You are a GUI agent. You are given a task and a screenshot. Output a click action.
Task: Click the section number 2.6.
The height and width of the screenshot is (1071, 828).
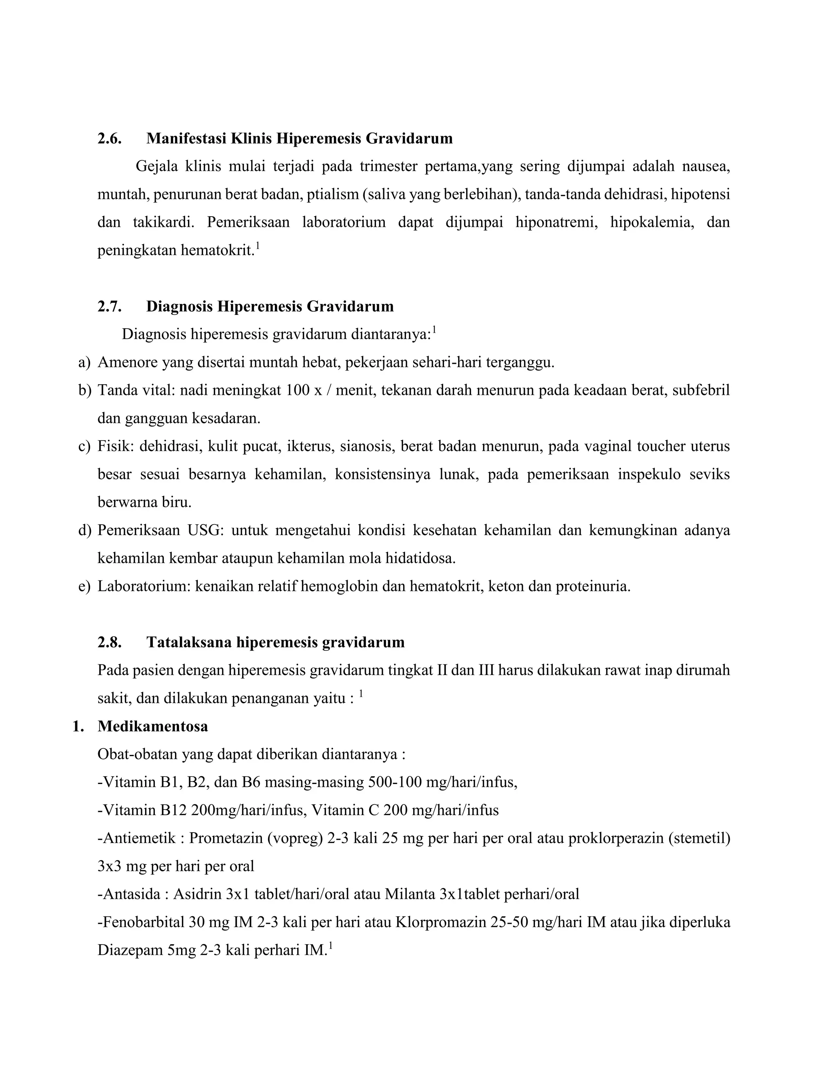110,139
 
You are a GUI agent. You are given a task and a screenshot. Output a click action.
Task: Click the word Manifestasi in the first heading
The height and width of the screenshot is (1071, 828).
186,139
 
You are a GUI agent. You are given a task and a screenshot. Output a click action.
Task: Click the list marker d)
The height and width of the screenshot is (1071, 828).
84,530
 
